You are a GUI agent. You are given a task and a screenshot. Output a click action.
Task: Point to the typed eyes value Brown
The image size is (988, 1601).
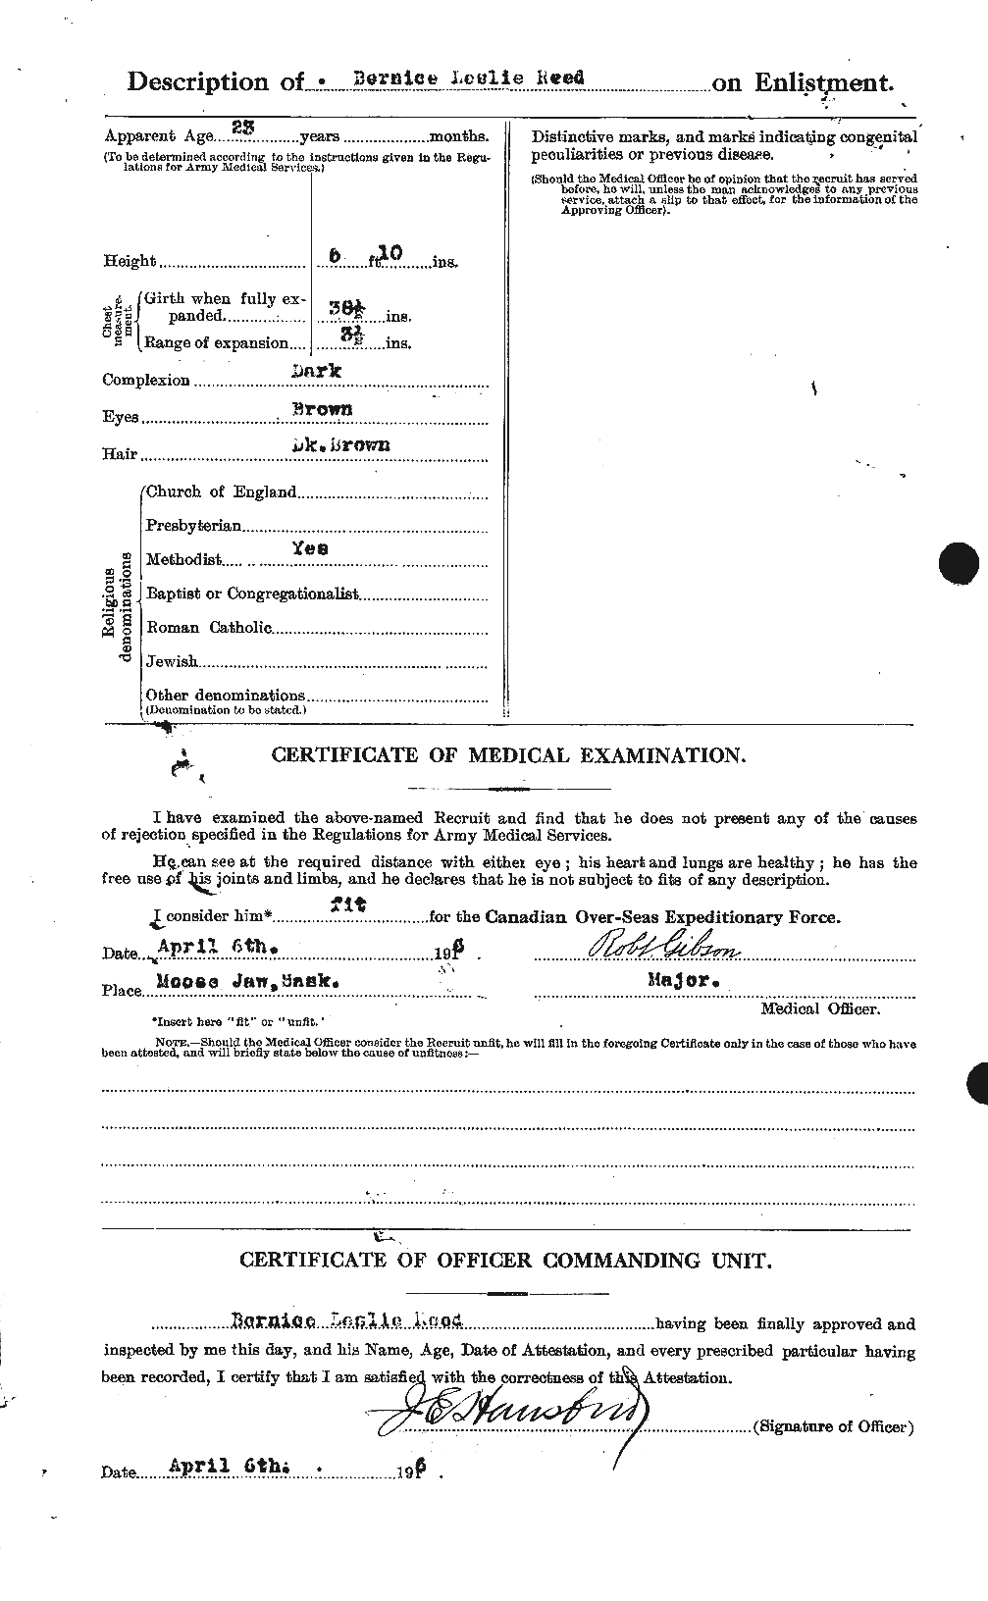point(322,409)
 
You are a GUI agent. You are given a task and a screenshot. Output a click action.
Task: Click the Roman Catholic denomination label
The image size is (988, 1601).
point(208,627)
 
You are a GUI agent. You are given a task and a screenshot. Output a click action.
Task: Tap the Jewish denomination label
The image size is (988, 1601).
point(172,662)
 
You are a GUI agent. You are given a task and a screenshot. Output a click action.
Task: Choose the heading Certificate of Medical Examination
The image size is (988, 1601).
point(508,755)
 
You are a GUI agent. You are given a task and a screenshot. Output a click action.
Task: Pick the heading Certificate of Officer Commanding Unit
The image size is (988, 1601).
point(505,1261)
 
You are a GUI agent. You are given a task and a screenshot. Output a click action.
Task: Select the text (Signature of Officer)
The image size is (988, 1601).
point(833,1426)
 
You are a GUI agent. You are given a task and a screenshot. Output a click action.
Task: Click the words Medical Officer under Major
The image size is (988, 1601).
point(820,1007)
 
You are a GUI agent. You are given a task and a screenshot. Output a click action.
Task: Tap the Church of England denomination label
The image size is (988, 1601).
point(221,491)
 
